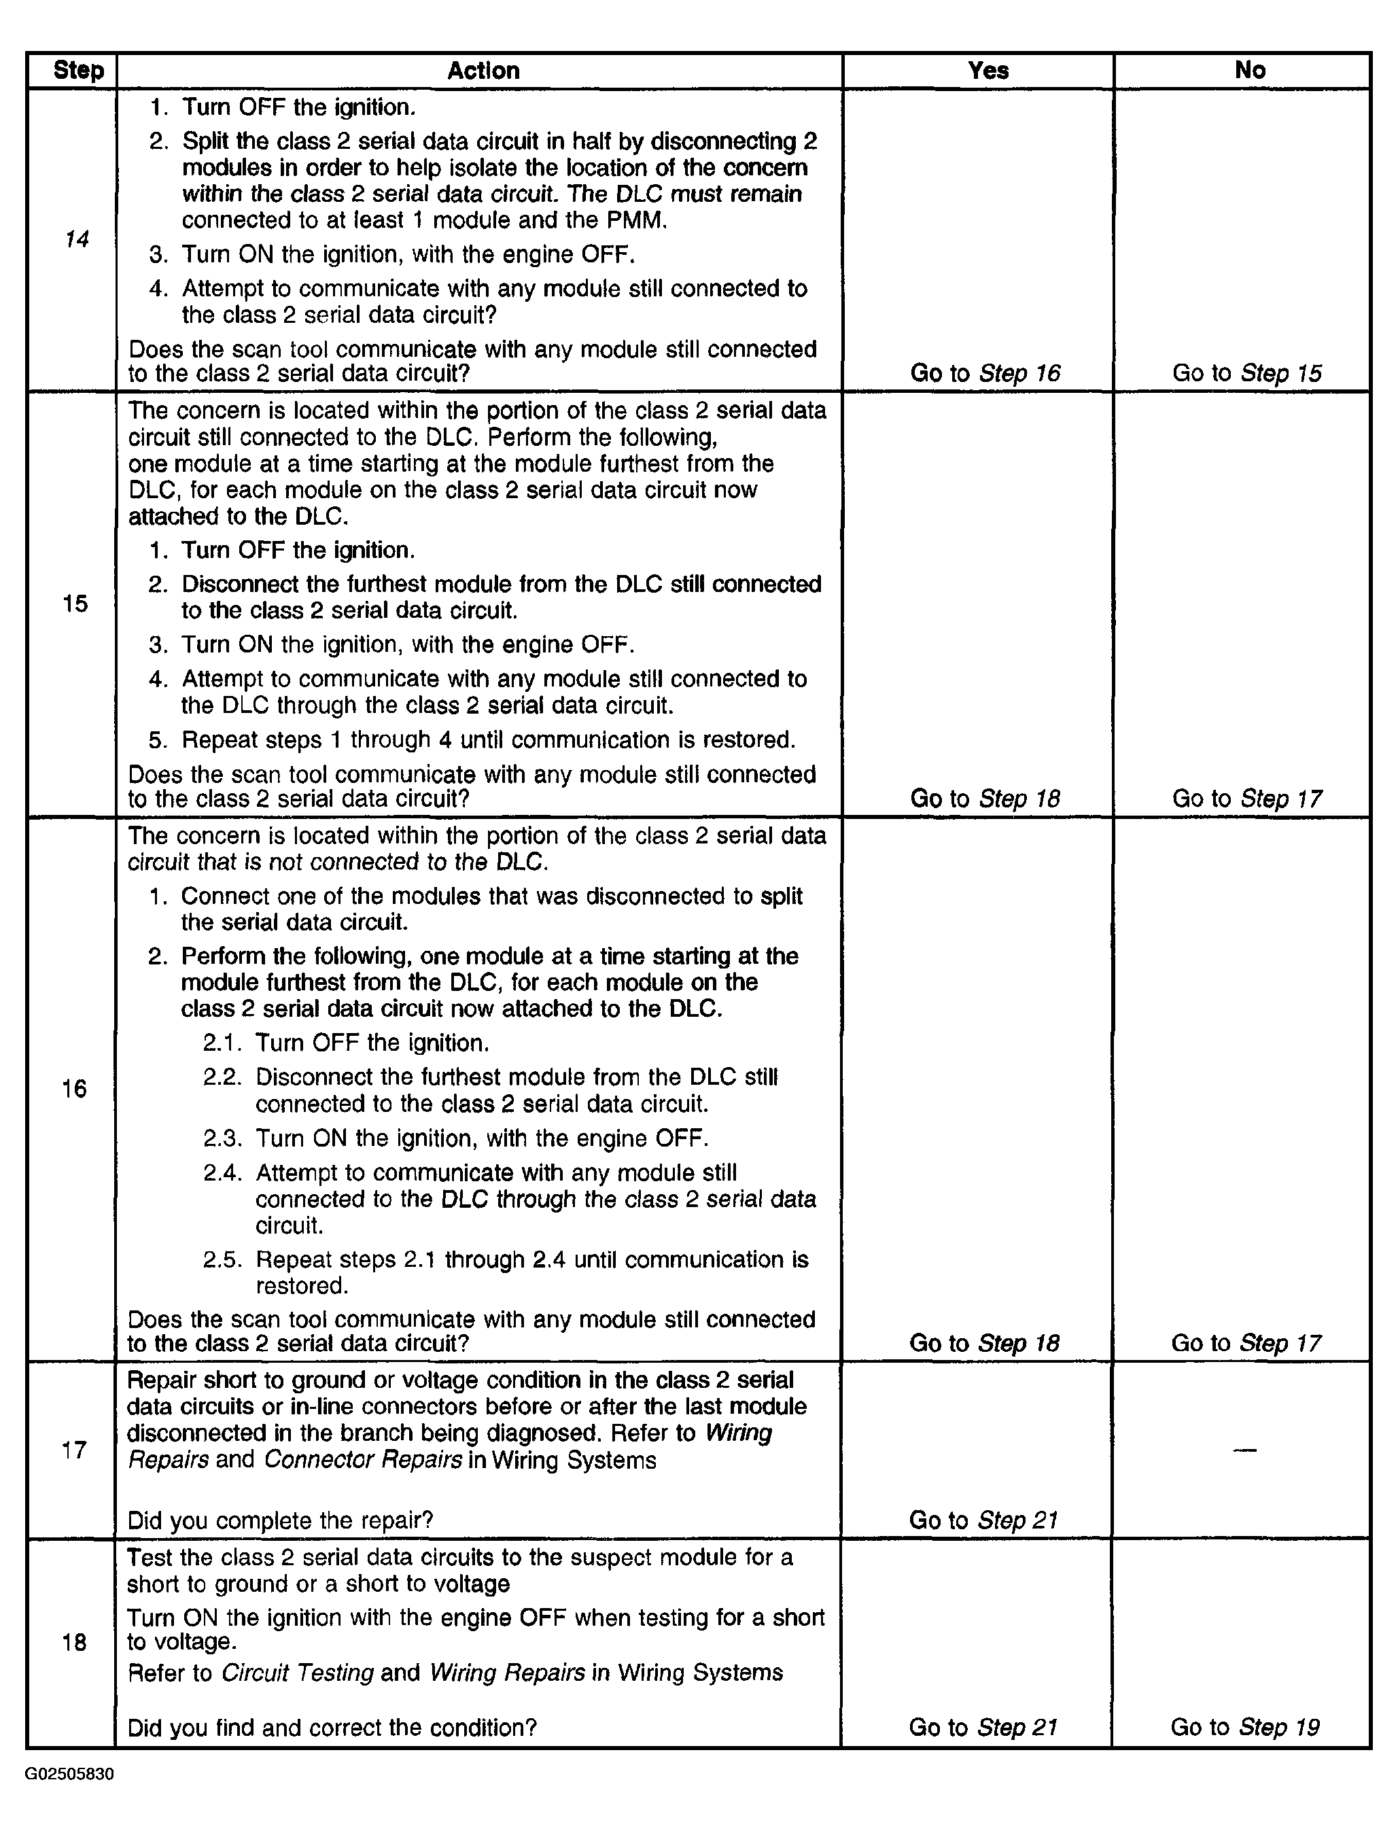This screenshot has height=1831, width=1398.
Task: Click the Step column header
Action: pyautogui.click(x=78, y=71)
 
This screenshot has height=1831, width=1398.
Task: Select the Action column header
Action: pyautogui.click(x=483, y=71)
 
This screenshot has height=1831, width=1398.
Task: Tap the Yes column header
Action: pyautogui.click(x=988, y=71)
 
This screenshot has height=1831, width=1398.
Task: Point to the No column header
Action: pyautogui.click(x=1250, y=71)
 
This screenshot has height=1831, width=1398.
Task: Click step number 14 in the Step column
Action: pyautogui.click(x=77, y=240)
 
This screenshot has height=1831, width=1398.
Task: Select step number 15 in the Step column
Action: pyautogui.click(x=75, y=604)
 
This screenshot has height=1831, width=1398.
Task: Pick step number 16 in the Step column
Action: pyautogui.click(x=74, y=1089)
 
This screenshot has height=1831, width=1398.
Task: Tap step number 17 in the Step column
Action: pyautogui.click(x=74, y=1450)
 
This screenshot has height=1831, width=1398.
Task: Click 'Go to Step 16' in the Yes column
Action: pyautogui.click(x=985, y=373)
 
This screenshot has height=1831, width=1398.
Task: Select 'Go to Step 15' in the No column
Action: pyautogui.click(x=1246, y=373)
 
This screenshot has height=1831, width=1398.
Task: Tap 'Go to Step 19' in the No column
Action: pyautogui.click(x=1245, y=1727)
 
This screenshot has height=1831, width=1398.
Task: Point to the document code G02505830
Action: pyautogui.click(x=69, y=1775)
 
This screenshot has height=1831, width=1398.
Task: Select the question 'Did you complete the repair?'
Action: pyautogui.click(x=281, y=1520)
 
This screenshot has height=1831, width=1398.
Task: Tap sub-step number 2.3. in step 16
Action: pyautogui.click(x=223, y=1138)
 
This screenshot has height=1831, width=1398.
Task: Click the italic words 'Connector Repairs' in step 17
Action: pyautogui.click(x=363, y=1461)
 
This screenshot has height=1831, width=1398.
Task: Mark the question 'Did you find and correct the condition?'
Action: pyautogui.click(x=332, y=1728)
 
